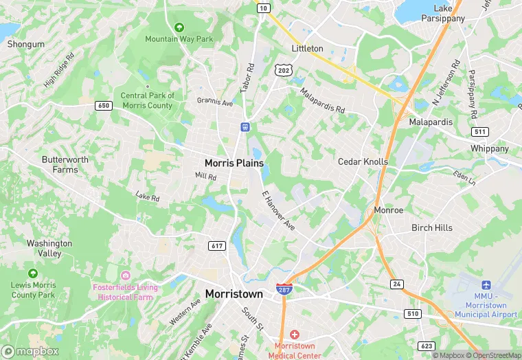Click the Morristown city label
pyautogui.click(x=234, y=294)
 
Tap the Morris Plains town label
pyautogui.click(x=234, y=163)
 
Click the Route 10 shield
pyautogui.click(x=263, y=8)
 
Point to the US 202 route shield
pyautogui.click(x=282, y=70)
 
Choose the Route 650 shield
pyautogui.click(x=104, y=105)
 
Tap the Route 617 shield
pyautogui.click(x=217, y=246)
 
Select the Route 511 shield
pyautogui.click(x=479, y=132)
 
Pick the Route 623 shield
pyautogui.click(x=427, y=346)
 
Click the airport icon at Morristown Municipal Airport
pyautogui.click(x=486, y=285)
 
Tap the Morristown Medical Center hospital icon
pyautogui.click(x=294, y=334)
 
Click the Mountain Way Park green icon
pyautogui.click(x=179, y=27)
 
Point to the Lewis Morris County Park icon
pyautogui.click(x=33, y=273)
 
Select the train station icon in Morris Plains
pyautogui.click(x=245, y=127)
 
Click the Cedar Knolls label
pyautogui.click(x=363, y=161)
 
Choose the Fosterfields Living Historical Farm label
pyautogui.click(x=125, y=292)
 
